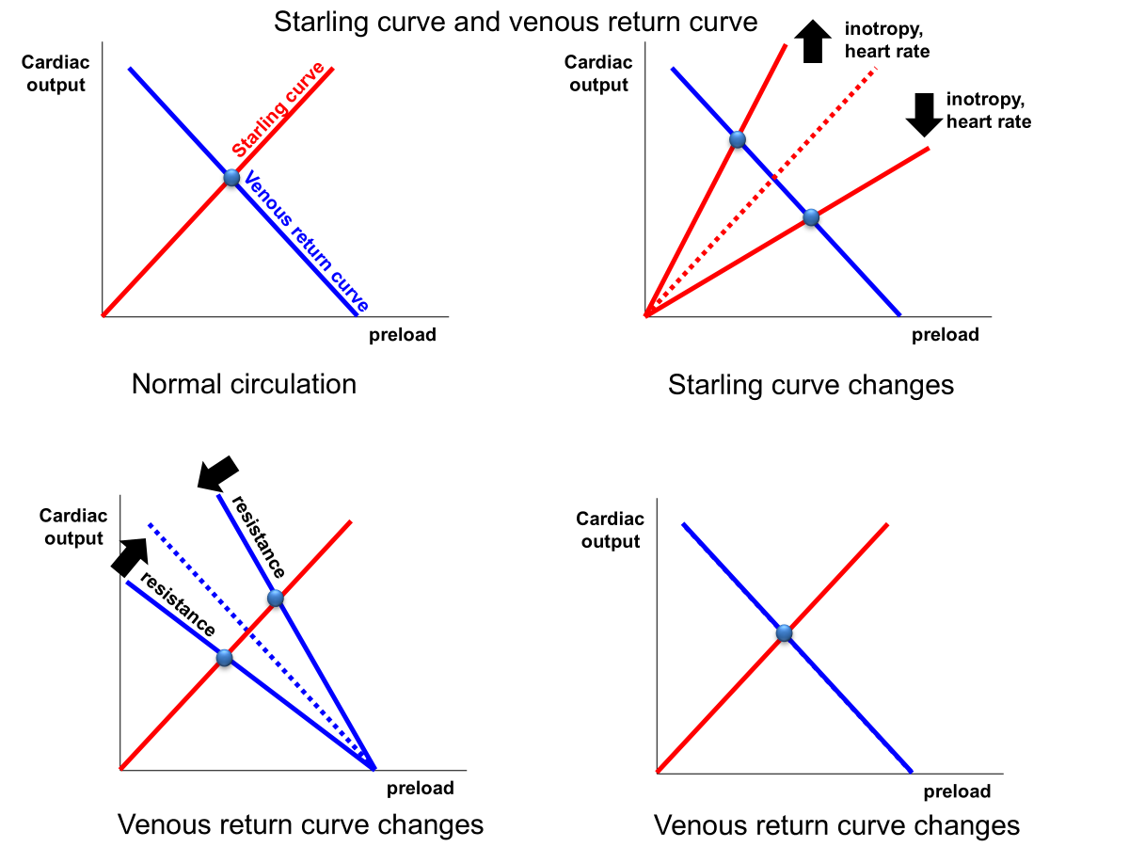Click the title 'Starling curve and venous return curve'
pyautogui.click(x=516, y=22)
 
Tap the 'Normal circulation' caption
pyautogui.click(x=244, y=384)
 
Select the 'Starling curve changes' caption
pyautogui.click(x=810, y=385)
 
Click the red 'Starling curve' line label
pyautogui.click(x=278, y=110)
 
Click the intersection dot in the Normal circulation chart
pyautogui.click(x=231, y=178)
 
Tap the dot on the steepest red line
pyautogui.click(x=738, y=140)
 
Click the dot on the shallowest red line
pyautogui.click(x=811, y=218)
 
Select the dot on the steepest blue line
pyautogui.click(x=275, y=598)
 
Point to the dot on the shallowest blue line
pyautogui.click(x=224, y=658)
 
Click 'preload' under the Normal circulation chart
pyautogui.click(x=402, y=334)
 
